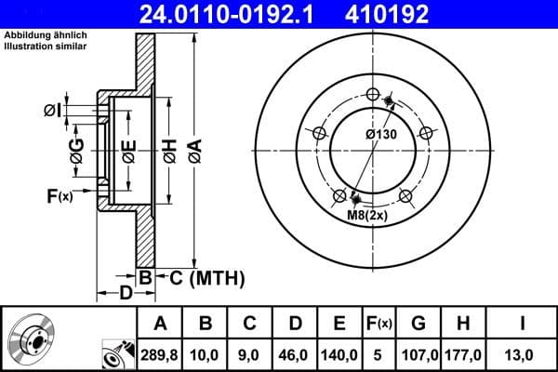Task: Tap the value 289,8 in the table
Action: click(159, 354)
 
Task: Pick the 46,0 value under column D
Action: click(296, 354)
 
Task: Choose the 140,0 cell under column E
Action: click(340, 354)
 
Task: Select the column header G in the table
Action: click(419, 324)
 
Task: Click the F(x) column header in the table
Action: click(380, 324)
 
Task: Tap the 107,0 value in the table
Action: click(419, 354)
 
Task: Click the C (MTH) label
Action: click(206, 276)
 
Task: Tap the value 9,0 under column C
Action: click(250, 354)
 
